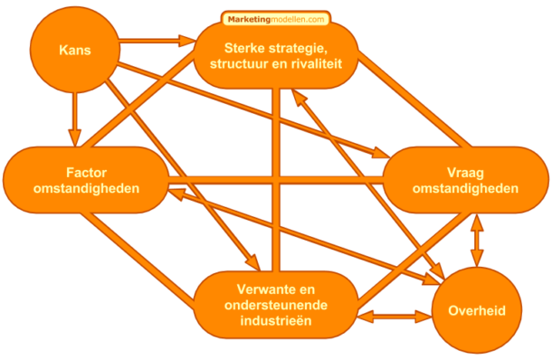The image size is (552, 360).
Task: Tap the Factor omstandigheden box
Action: point(87,180)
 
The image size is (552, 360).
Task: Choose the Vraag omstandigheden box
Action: point(465,180)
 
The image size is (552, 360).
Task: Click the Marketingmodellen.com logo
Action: point(275,18)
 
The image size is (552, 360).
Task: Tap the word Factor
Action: point(87,172)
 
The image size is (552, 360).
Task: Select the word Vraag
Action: point(465,172)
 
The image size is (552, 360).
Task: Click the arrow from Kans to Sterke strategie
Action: point(154,41)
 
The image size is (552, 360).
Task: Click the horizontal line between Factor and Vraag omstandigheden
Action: point(271,181)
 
